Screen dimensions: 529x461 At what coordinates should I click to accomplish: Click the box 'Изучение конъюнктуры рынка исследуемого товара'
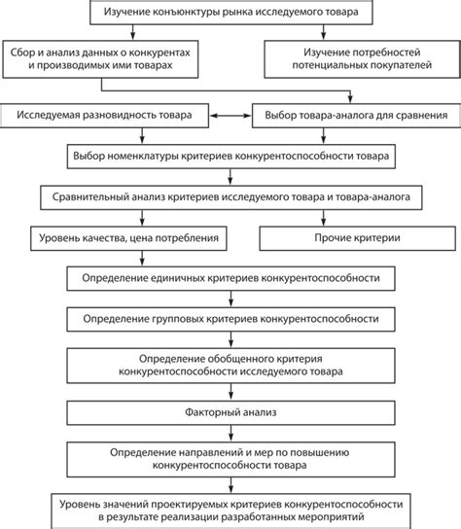pyautogui.click(x=230, y=13)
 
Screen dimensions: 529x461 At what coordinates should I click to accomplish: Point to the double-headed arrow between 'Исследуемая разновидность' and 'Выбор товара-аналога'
pyautogui.click(x=230, y=116)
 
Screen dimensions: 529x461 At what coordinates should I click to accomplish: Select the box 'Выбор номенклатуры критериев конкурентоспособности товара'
pyautogui.click(x=230, y=156)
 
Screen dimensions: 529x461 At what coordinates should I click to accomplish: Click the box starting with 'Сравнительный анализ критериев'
pyautogui.click(x=230, y=195)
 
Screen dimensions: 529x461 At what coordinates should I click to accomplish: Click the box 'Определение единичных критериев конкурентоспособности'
pyautogui.click(x=230, y=277)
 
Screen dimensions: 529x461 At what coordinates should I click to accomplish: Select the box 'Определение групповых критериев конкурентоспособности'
pyautogui.click(x=230, y=318)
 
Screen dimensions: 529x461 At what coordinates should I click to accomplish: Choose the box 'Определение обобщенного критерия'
pyautogui.click(x=230, y=365)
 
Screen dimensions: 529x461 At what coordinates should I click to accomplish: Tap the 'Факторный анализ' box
pyautogui.click(x=230, y=412)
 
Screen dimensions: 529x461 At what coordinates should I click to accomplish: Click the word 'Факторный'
pyautogui.click(x=208, y=412)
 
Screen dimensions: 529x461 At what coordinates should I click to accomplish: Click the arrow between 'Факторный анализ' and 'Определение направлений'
pyautogui.click(x=230, y=434)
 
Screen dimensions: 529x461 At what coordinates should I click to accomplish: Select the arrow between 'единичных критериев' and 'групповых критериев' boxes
pyautogui.click(x=230, y=298)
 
